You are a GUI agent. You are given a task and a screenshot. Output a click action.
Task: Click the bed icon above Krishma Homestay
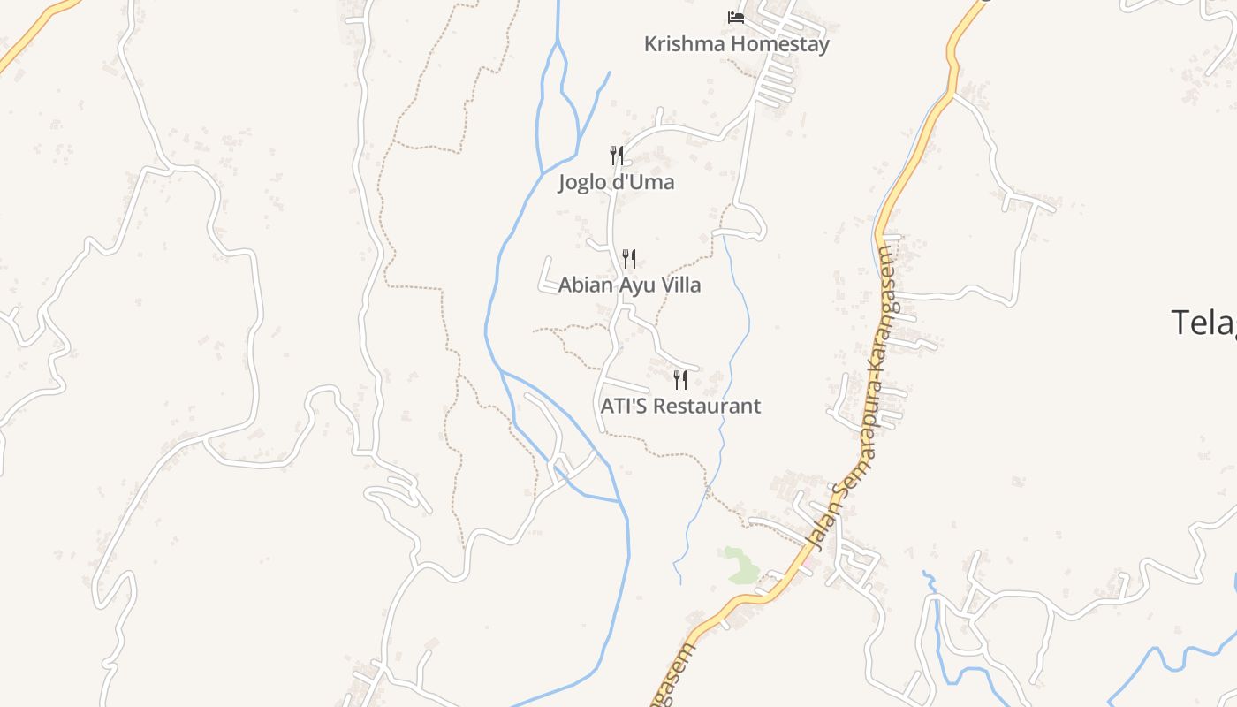[x=735, y=18]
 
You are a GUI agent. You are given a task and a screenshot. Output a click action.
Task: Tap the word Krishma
[x=679, y=44]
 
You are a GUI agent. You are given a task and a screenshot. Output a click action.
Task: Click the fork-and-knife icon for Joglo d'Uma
[x=617, y=156]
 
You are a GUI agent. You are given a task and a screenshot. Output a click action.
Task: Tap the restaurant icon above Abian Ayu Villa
[x=629, y=258]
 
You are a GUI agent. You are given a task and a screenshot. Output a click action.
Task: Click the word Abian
[x=581, y=285]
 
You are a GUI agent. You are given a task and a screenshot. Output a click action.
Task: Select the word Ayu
[x=629, y=285]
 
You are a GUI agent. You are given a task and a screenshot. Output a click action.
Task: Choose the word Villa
[x=678, y=285]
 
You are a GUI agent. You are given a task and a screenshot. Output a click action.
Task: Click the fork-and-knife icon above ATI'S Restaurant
[x=680, y=380]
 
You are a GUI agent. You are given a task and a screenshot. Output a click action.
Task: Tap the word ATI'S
[x=624, y=407]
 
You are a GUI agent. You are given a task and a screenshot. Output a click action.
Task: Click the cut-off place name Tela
[x=1203, y=323]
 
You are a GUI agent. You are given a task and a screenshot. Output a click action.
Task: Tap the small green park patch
[x=740, y=566]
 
